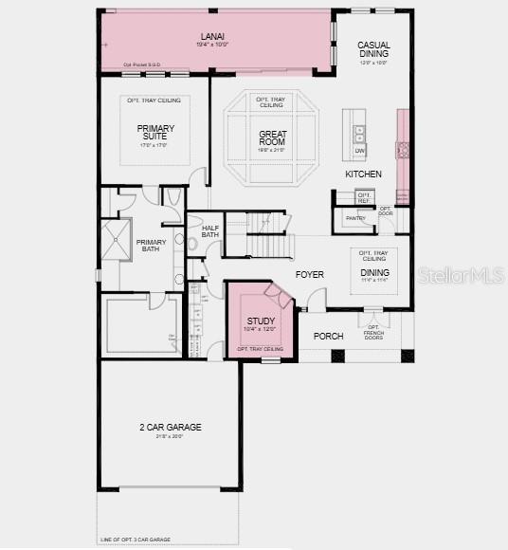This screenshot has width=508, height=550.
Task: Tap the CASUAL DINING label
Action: coord(372,49)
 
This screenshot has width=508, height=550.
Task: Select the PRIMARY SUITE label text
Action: coord(155,132)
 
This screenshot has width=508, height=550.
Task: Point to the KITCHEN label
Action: coord(363,174)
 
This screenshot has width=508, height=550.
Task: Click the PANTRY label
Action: coord(355,218)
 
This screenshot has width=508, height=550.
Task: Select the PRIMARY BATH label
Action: coord(151,245)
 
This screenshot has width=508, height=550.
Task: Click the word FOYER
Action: coord(309,275)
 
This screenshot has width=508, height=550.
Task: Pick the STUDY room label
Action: coord(260,321)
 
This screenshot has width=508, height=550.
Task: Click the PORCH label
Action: coord(328,336)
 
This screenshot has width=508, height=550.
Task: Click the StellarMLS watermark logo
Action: coord(460,276)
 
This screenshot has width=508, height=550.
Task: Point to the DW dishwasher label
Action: coord(359,151)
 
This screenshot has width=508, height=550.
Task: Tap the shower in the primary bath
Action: coord(119,239)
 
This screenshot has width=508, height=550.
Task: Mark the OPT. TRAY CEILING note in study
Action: coord(260,349)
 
